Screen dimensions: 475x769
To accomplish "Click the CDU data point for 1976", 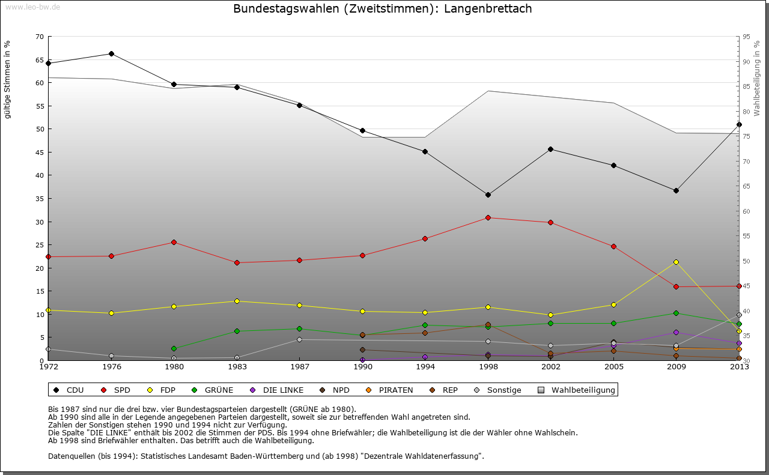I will point(111,53).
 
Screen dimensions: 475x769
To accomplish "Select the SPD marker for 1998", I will point(488,217).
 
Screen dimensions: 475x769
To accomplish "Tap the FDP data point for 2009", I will point(676,262).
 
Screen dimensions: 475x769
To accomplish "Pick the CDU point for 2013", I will point(739,124).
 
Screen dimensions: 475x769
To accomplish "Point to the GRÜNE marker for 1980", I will point(174,348).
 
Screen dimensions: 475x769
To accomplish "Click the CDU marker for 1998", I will point(488,195).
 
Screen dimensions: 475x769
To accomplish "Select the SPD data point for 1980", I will point(174,242).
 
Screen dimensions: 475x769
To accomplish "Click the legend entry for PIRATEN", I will point(395,390).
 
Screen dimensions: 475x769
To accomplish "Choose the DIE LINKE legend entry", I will point(283,390).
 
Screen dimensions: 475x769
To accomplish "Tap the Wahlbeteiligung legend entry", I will point(583,390).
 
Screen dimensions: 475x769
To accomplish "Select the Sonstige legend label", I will point(504,390).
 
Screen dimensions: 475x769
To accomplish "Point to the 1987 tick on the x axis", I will point(299,366).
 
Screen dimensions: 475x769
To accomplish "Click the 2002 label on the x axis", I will point(550,366).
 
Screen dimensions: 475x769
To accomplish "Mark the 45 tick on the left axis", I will point(40,153).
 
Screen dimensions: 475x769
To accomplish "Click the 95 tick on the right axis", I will point(746,37).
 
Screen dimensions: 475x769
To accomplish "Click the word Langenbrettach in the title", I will point(488,9).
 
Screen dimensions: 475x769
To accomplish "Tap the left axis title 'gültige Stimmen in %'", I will point(8,79).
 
